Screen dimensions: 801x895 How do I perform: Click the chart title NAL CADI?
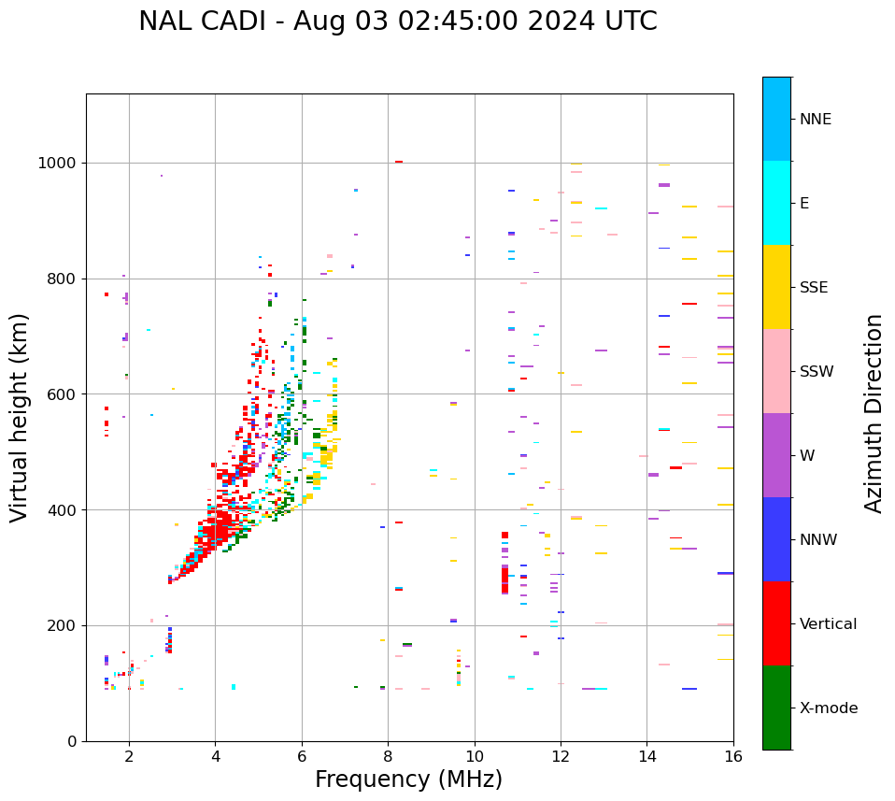click(397, 21)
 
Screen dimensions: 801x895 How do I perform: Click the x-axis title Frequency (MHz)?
click(408, 780)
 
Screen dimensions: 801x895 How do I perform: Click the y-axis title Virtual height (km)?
click(20, 418)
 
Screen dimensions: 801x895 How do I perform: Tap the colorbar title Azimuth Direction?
click(874, 413)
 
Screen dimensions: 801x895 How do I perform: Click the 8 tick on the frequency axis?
click(388, 755)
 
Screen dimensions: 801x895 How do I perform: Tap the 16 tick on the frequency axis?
click(733, 755)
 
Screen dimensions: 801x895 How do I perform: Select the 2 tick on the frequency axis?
click(129, 755)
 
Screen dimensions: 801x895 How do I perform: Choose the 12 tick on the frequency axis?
click(561, 755)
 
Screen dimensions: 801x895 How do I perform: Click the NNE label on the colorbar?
click(815, 120)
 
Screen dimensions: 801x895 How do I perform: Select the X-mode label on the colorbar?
click(828, 708)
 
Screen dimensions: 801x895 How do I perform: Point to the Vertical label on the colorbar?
click(828, 624)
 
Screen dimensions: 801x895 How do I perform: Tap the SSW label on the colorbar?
click(817, 372)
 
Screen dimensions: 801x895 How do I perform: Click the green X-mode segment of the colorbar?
click(776, 708)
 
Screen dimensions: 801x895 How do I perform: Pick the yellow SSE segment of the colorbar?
click(776, 287)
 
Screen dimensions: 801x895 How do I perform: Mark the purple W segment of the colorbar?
click(776, 455)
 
